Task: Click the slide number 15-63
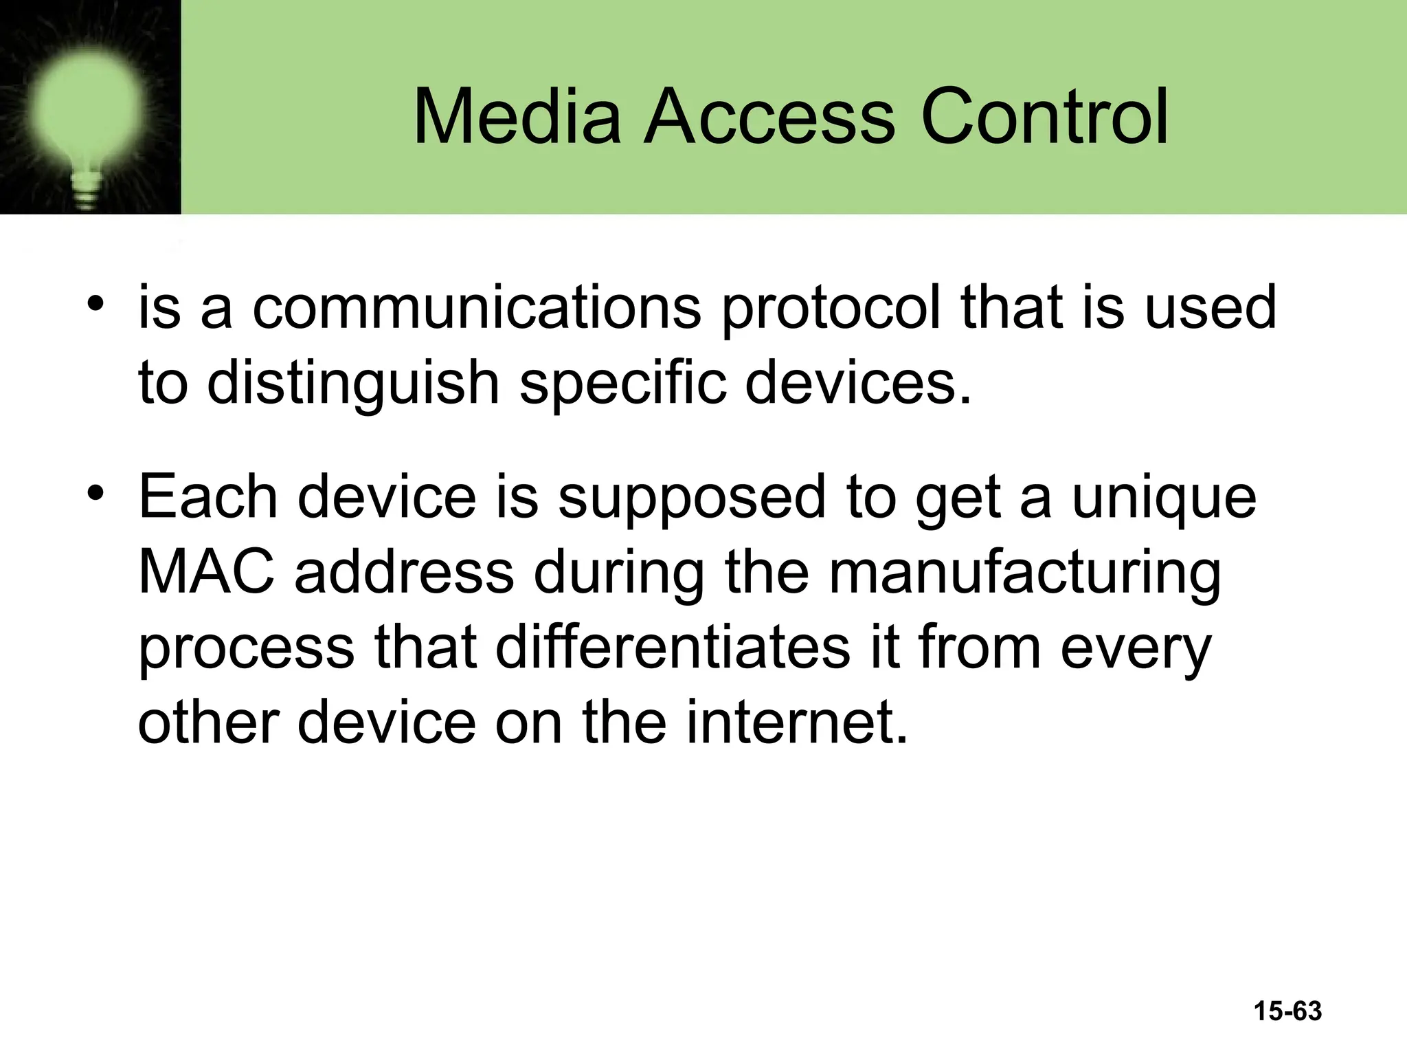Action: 1287,1011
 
